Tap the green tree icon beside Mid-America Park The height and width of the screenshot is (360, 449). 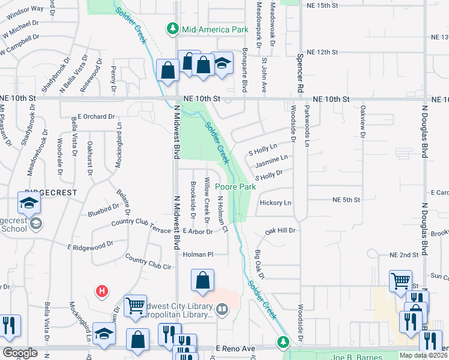coord(173,28)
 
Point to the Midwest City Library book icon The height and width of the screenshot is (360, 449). coord(223,310)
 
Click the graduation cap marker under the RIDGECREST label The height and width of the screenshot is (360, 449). coord(28,204)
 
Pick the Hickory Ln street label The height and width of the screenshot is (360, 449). coord(276,203)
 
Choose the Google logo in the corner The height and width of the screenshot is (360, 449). coord(20,352)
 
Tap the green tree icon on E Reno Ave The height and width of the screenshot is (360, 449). coord(283,342)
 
